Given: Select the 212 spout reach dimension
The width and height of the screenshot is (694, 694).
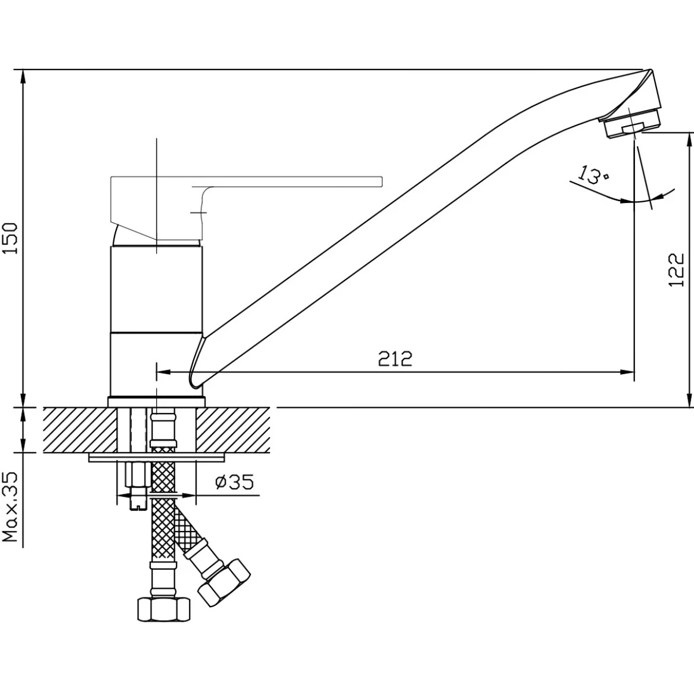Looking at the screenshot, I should coord(396,359).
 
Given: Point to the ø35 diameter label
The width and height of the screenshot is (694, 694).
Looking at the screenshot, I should coord(234,482).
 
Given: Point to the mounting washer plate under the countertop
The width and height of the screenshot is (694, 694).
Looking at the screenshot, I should coord(156,458).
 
